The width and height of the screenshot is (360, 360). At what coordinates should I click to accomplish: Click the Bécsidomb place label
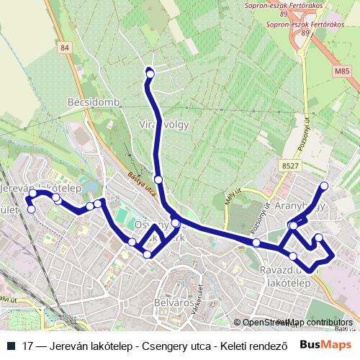point(93,102)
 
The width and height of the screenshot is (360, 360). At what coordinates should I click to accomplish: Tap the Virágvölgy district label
point(163,124)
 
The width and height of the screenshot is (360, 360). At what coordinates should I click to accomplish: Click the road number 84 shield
point(66,48)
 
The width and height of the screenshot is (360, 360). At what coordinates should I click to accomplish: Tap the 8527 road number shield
point(290,166)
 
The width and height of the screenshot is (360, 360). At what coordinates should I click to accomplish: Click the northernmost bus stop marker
point(150,73)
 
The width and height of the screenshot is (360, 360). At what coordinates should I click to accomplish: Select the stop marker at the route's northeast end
point(324,186)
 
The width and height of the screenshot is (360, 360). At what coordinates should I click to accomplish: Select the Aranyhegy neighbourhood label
point(301,205)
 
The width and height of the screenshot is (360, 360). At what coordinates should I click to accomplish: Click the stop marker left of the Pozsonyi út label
point(256,243)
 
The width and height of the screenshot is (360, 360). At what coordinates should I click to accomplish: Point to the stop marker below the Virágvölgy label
point(158,179)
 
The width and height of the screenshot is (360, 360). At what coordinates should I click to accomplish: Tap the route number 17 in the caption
point(28,345)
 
